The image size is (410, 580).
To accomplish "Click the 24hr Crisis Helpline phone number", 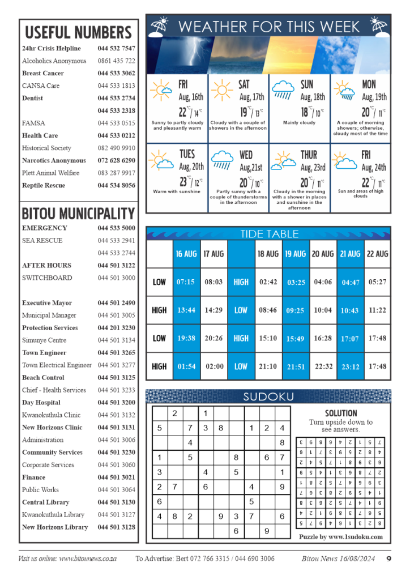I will [116, 48].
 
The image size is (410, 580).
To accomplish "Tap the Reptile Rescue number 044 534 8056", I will [116, 185].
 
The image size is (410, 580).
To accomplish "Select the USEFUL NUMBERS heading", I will [78, 32].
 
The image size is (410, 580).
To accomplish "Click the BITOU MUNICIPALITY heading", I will [78, 214].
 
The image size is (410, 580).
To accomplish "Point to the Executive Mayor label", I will [47, 303].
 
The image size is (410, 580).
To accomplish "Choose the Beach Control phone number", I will [116, 378].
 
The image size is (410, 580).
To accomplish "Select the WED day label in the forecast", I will [246, 155].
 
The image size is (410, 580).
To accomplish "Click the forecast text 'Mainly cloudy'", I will [300, 122].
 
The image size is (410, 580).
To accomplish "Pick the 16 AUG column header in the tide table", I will [186, 254].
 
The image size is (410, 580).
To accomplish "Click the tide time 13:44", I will [186, 310].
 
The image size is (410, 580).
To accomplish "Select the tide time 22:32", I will [323, 366].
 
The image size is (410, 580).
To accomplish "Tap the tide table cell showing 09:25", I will [296, 310].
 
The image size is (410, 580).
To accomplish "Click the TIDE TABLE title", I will [269, 234].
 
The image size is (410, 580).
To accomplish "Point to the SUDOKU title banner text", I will [268, 397].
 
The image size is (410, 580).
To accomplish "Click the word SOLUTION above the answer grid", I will [341, 413].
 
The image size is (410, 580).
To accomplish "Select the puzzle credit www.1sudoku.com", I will [341, 537].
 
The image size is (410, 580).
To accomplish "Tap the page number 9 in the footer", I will [389, 558].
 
